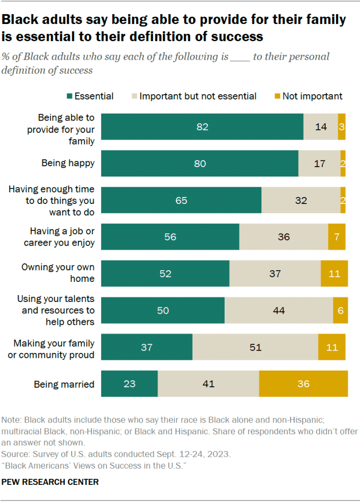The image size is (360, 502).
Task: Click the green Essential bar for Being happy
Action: pos(200,164)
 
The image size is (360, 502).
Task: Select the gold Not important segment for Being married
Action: pos(303,384)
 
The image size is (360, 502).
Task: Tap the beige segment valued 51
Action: pos(255,347)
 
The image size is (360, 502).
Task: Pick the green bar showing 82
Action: pos(202,127)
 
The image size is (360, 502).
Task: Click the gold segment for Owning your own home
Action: pos(334,274)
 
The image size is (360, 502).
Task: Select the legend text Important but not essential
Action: pos(198,96)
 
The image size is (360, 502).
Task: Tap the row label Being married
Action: pos(64,384)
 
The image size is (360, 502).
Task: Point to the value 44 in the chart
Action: pos(279,310)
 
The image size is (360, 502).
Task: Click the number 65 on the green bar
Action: pos(181,200)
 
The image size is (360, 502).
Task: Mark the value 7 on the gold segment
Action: pos(336,237)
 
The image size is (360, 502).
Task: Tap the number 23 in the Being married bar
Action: pos(129,384)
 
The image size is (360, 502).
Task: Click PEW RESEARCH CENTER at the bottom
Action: pos(50,482)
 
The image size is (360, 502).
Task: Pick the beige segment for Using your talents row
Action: pos(279,310)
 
